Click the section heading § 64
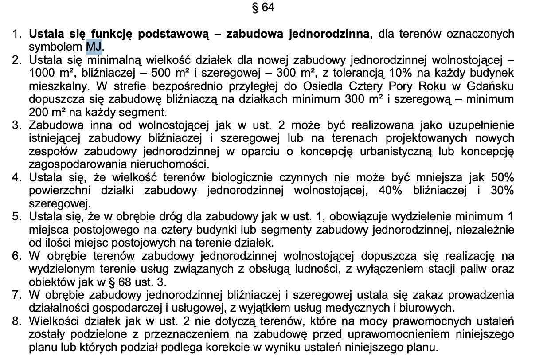tap(263, 8)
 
